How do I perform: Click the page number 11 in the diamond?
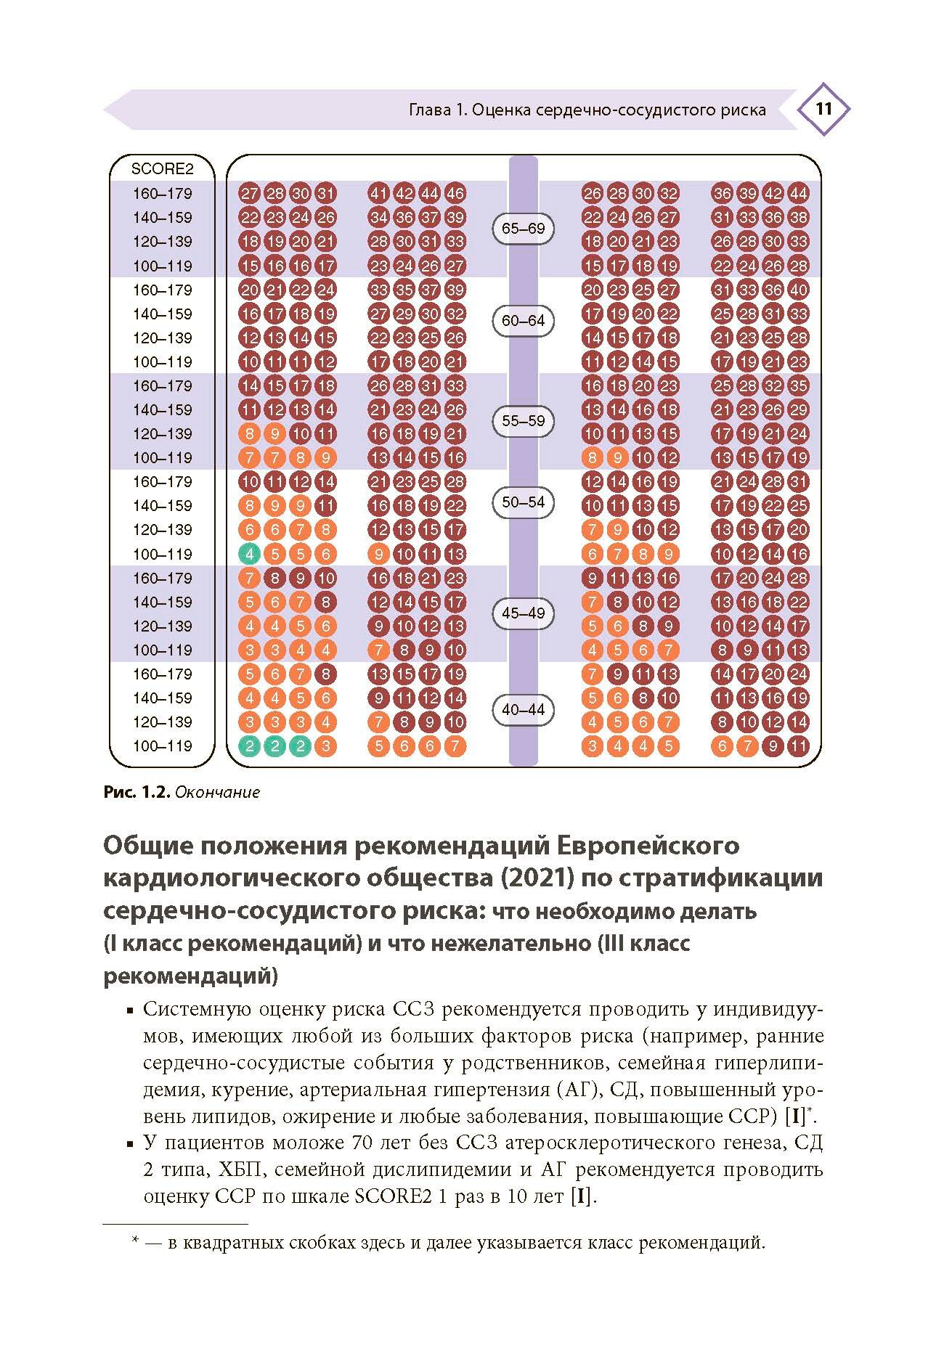click(x=823, y=110)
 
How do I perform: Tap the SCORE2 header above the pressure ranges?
click(x=162, y=169)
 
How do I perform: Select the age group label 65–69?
click(x=523, y=229)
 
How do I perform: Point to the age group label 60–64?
click(x=523, y=320)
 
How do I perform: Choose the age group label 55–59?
click(x=523, y=420)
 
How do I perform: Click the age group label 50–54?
click(x=523, y=502)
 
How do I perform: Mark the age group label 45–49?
click(x=523, y=613)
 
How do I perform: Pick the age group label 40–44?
click(x=523, y=709)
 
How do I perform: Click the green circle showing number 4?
click(x=249, y=554)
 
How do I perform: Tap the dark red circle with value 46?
click(x=455, y=193)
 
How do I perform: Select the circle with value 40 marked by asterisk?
click(x=798, y=290)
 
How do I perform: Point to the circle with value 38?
click(x=798, y=217)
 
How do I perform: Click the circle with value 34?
click(x=378, y=217)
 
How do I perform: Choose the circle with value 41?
click(x=378, y=193)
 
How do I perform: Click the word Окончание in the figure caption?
click(x=217, y=792)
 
